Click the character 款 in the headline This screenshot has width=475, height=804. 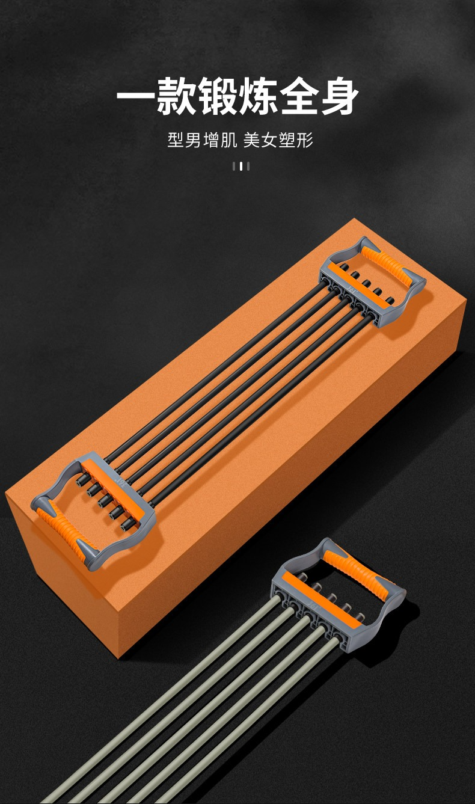click(x=176, y=96)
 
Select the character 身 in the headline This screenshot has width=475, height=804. click(x=339, y=96)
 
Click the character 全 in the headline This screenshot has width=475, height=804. click(x=298, y=96)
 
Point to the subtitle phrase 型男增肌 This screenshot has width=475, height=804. click(x=202, y=140)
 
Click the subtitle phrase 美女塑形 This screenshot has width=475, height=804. click(x=278, y=140)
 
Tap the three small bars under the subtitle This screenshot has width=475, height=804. click(x=241, y=166)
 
